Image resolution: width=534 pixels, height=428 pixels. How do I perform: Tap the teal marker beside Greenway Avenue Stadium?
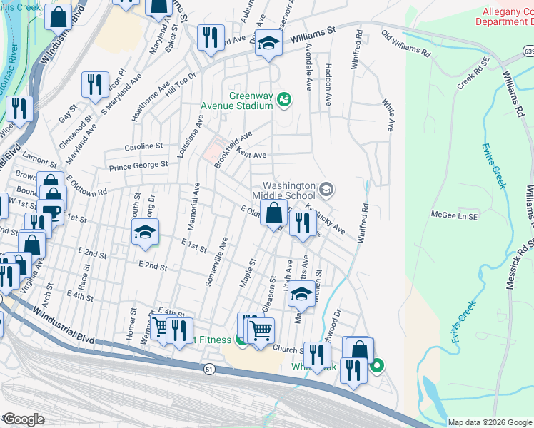pyautogui.click(x=284, y=99)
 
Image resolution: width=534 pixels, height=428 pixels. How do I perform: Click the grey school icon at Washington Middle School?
pyautogui.click(x=326, y=189)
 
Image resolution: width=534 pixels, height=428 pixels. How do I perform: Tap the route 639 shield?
pyautogui.click(x=528, y=51)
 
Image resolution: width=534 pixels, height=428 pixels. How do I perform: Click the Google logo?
pyautogui.click(x=23, y=419)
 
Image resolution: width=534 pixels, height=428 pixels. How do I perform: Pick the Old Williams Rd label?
pyautogui.click(x=406, y=44)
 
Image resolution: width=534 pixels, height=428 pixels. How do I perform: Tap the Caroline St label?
pyautogui.click(x=143, y=146)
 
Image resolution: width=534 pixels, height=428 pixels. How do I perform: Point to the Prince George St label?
pyautogui.click(x=138, y=165)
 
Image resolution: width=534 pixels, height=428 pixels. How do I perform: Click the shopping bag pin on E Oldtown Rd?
pyautogui.click(x=273, y=212)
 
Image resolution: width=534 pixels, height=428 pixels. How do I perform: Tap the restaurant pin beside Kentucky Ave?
pyautogui.click(x=303, y=223)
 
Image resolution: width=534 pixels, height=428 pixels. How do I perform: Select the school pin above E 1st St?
pyautogui.click(x=145, y=233)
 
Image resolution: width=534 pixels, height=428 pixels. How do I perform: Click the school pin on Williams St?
pyautogui.click(x=269, y=43)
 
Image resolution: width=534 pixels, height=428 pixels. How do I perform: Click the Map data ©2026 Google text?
pyautogui.click(x=489, y=422)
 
